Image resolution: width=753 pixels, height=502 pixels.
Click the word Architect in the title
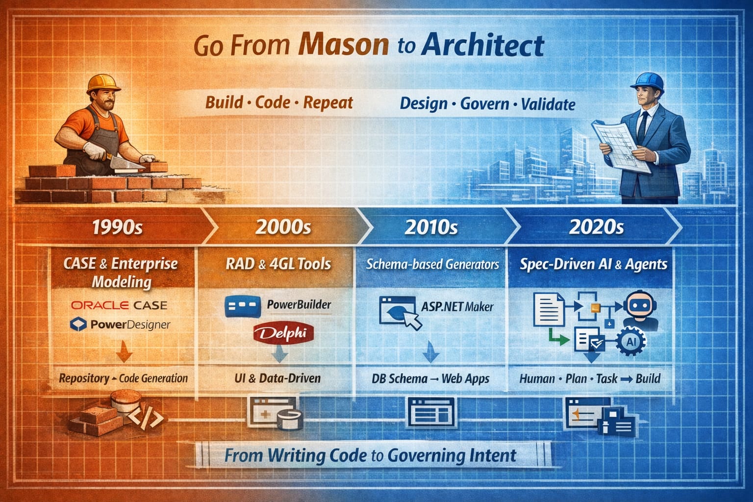pos(482,46)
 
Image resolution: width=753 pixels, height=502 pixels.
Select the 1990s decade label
pos(117,227)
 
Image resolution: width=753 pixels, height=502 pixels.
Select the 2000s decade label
pos(283,227)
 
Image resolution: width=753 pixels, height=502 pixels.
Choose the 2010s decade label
pos(431,227)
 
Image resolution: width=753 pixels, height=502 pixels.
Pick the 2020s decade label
pos(596,227)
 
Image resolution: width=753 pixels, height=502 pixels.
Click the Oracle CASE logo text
pos(119,305)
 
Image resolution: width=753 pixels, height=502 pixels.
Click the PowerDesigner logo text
pos(129,324)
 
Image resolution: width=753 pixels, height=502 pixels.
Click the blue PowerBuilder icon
pos(243,306)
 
